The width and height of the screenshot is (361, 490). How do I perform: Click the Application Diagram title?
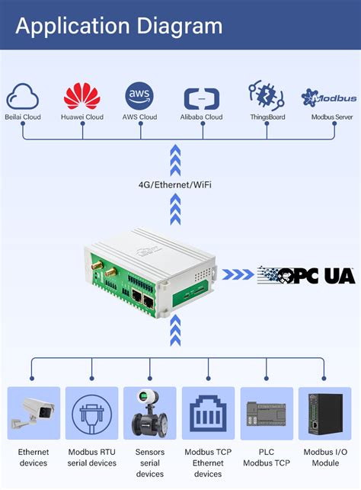point(119,27)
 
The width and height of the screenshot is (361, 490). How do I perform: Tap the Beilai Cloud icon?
point(23,97)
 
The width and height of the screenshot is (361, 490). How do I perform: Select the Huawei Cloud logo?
point(82,96)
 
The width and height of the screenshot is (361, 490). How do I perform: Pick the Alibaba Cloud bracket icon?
point(202,98)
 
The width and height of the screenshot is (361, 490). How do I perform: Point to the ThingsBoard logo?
point(266,96)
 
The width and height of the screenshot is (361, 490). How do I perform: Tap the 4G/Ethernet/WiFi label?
point(176,184)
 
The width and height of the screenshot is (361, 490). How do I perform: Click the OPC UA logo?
point(306,275)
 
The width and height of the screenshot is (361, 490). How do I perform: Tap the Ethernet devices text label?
point(34,457)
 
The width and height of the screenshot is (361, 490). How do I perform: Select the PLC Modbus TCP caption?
point(267,457)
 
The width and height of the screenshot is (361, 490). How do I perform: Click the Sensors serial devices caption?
point(149,463)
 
